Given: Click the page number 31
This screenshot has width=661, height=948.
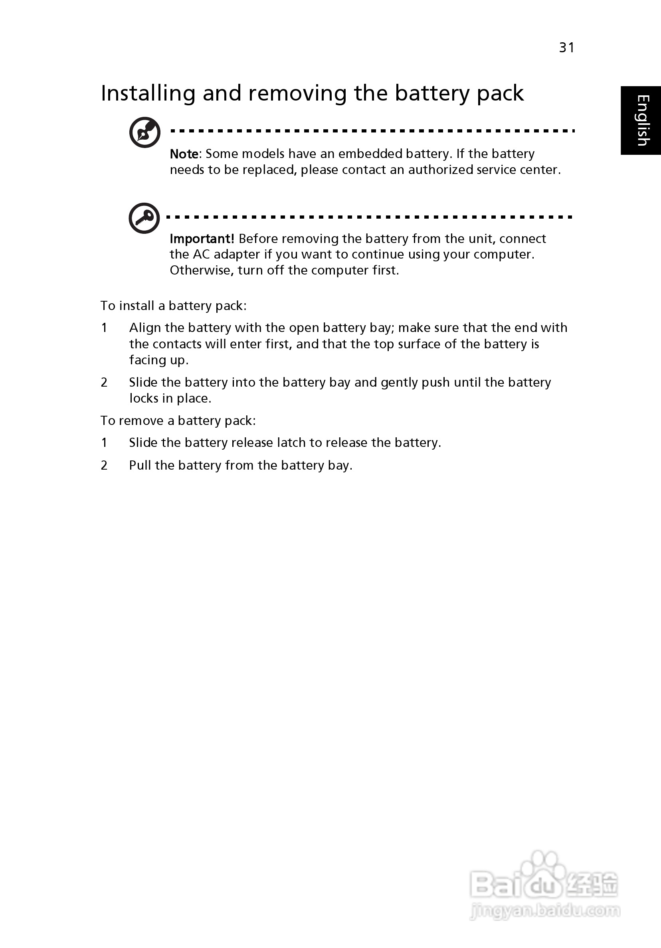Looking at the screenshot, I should (x=566, y=48).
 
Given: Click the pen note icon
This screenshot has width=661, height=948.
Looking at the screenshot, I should (x=144, y=132).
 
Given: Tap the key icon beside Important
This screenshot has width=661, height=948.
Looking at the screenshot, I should (x=144, y=218).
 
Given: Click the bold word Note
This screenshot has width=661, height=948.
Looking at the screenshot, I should (x=184, y=154).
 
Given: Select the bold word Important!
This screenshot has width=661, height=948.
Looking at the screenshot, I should (x=202, y=239).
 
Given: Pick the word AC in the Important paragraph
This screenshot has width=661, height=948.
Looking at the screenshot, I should (x=202, y=254).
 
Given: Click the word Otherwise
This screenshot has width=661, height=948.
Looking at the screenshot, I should (x=202, y=271).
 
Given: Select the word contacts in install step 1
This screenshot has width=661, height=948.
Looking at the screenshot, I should (x=177, y=344).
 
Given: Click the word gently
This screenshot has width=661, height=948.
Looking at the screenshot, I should (x=399, y=383).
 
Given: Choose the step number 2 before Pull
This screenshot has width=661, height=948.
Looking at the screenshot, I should (x=104, y=465).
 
